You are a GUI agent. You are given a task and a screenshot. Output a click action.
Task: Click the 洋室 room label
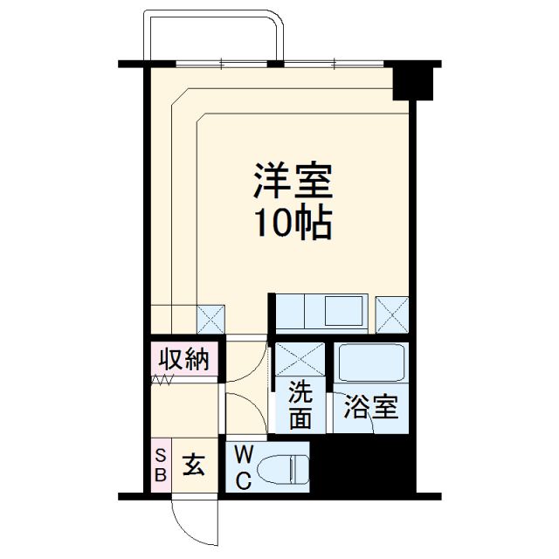click(x=293, y=183)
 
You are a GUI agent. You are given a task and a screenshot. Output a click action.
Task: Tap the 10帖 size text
click(x=293, y=224)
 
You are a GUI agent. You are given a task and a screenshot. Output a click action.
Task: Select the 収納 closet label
click(x=183, y=359)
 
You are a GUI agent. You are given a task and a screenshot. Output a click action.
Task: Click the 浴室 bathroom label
click(x=370, y=407)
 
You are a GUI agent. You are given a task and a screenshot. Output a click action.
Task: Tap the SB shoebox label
click(x=161, y=465)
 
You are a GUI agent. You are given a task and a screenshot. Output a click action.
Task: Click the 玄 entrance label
click(x=193, y=466)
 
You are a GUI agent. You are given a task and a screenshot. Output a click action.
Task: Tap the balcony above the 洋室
click(x=215, y=39)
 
